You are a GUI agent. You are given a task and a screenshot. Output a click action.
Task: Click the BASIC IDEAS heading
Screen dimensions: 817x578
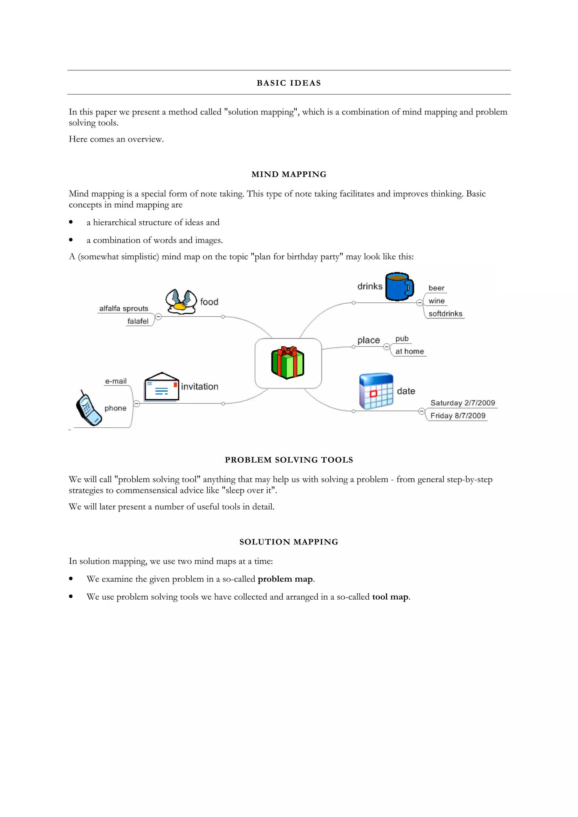coord(289,83)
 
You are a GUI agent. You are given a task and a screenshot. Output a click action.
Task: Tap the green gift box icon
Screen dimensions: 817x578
coord(288,362)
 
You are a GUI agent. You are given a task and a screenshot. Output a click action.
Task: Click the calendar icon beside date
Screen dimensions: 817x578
coord(376,391)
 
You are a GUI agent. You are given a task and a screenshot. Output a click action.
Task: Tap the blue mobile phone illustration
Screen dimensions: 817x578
coord(88,408)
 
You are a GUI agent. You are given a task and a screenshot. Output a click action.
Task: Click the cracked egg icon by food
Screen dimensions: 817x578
coord(181,301)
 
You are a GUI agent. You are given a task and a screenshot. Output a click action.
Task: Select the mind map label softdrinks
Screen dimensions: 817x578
coord(445,313)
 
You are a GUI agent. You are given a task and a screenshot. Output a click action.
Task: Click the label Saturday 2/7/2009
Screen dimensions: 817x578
coord(462,403)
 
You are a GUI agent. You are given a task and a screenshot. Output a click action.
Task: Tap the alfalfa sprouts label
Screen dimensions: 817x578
coord(124,308)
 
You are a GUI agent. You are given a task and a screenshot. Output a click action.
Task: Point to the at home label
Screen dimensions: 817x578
coord(410,351)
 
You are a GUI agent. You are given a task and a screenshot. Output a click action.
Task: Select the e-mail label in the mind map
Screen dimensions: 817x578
coord(116,381)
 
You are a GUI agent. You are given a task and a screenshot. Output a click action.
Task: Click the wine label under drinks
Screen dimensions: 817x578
coord(436,301)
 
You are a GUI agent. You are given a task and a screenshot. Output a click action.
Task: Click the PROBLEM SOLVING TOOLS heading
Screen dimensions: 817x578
coord(289,460)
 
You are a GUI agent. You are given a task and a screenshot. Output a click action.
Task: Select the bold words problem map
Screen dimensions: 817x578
coord(285,579)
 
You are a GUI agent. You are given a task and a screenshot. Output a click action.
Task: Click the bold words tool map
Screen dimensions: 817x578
coord(390,597)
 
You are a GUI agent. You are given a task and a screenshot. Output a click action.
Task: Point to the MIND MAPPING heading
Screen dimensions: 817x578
coord(289,174)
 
